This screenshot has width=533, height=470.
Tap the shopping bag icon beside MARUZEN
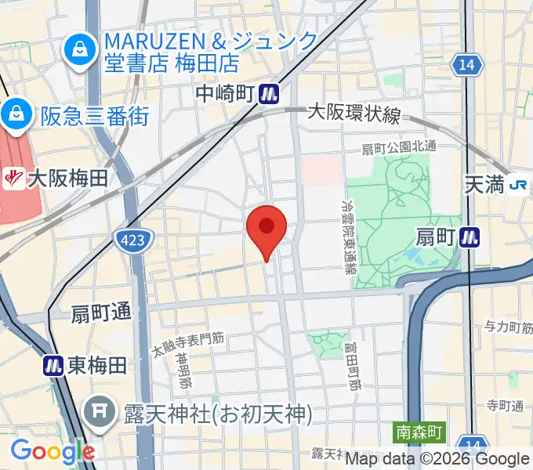point(80,51)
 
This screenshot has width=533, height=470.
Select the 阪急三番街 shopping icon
point(15,116)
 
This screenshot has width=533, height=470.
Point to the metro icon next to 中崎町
point(270,94)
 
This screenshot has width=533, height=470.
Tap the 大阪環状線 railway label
point(354,114)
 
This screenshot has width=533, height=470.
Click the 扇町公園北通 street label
point(398,147)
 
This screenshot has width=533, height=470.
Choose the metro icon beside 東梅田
point(53,365)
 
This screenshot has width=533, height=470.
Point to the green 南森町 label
point(419,432)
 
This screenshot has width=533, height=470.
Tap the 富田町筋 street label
point(355,361)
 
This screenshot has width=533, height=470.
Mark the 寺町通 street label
point(505,406)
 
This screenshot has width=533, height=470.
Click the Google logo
point(52,451)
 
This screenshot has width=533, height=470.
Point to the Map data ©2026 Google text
point(437,459)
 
